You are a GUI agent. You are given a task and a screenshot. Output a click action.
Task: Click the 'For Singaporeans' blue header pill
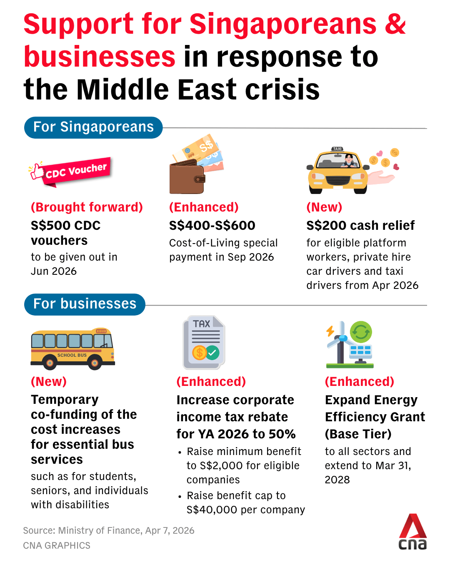93,127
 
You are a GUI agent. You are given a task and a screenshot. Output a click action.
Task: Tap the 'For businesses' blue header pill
85,304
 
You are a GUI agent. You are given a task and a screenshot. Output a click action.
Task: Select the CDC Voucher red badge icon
71,171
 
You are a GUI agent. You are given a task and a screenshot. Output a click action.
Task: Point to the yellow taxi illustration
337,171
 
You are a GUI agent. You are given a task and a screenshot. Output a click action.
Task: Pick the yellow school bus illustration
72,349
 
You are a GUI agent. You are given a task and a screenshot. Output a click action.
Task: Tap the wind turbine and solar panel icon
349,344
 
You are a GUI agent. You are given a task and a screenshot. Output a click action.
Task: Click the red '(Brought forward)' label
87,207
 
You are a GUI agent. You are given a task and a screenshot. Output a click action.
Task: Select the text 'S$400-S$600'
212,226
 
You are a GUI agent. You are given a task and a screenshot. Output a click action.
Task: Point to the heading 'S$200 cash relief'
360,226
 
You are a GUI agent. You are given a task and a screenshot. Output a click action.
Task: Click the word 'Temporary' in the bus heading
65,400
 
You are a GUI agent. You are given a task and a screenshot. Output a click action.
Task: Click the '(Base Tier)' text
358,434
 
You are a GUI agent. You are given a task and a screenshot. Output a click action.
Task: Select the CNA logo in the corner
412,532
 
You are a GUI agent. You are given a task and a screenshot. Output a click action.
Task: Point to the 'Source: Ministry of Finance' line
108,531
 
